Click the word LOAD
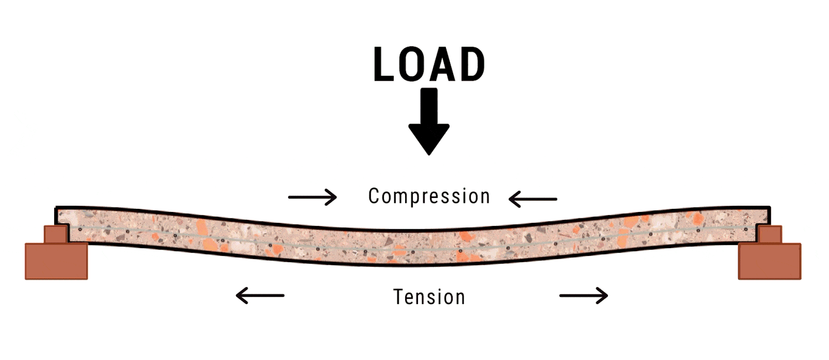(429, 65)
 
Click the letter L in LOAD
(382, 65)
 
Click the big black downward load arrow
(429, 121)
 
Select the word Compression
(429, 197)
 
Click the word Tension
(429, 297)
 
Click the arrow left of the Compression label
(313, 197)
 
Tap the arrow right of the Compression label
(533, 198)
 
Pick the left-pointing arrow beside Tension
(260, 295)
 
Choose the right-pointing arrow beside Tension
(584, 295)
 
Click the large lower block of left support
(56, 261)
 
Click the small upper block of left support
(55, 234)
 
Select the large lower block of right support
(769, 261)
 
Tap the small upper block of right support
(770, 235)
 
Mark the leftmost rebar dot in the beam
(80, 229)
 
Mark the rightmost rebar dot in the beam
(746, 229)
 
